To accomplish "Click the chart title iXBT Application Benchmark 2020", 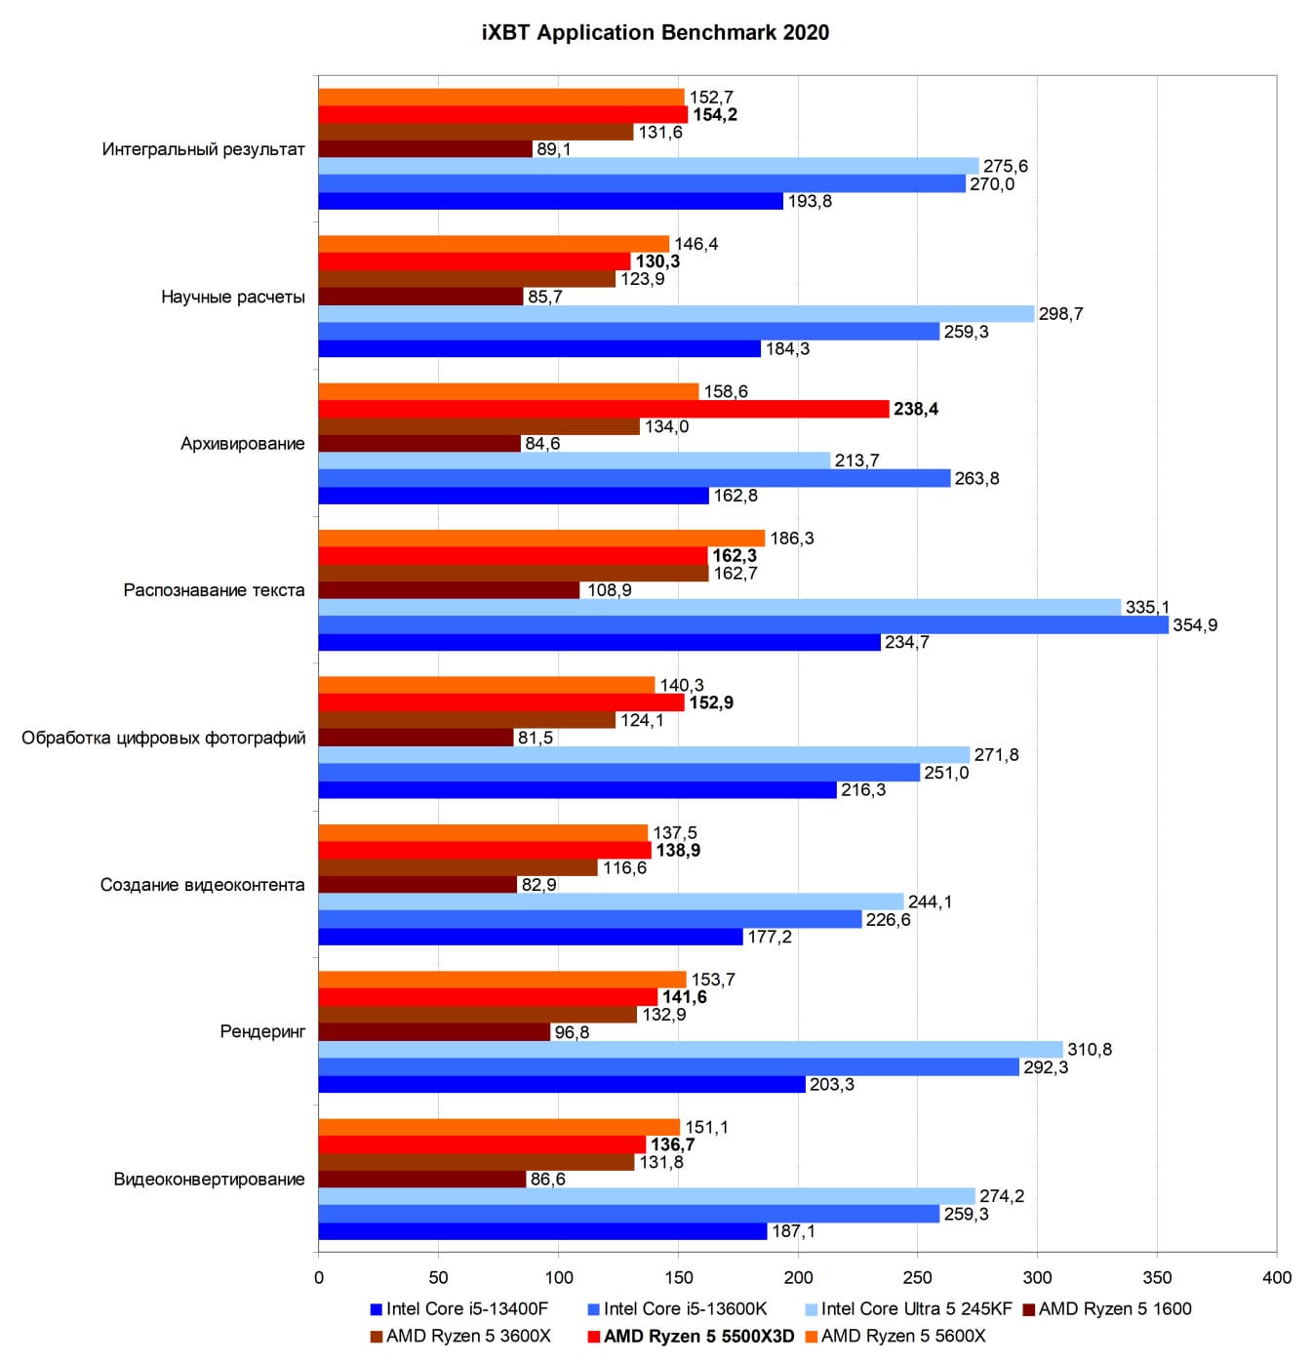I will [656, 32].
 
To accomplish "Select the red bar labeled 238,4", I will [604, 409].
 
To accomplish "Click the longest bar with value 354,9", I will [743, 625].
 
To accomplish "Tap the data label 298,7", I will [1060, 314].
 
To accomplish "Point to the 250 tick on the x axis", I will [918, 1277].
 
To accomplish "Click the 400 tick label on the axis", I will [1276, 1277].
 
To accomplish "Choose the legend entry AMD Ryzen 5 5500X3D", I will [698, 1336].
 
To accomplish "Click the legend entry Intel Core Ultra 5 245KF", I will [917, 1309].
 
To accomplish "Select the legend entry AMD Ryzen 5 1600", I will [1115, 1309].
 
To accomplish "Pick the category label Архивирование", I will [242, 444].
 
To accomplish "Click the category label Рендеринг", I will [262, 1031].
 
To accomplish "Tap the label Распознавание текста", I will [214, 590].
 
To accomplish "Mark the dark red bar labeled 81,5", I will [417, 738].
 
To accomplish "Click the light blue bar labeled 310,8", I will [691, 1050].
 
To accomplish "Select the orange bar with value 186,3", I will [541, 539].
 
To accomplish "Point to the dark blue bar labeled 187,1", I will [542, 1231].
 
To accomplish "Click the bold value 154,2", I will [715, 115].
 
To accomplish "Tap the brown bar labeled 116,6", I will [458, 867].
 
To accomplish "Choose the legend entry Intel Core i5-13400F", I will [466, 1309].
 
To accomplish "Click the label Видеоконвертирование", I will [209, 1179].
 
